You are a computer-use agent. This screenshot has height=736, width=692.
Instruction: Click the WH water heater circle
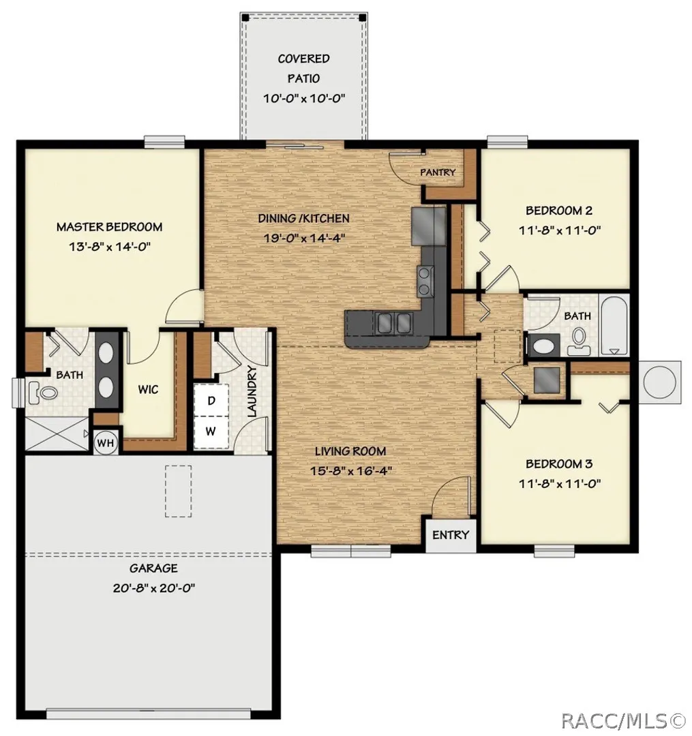pos(105,442)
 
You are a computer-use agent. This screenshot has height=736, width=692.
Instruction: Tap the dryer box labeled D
pos(211,401)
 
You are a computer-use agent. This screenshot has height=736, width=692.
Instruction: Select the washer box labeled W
pos(211,432)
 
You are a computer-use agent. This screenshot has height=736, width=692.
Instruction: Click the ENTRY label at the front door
pos(450,535)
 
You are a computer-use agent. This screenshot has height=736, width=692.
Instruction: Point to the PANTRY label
pos(438,172)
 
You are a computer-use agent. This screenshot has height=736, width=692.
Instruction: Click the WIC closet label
pos(148,389)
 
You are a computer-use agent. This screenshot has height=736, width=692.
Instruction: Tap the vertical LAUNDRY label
pos(252,392)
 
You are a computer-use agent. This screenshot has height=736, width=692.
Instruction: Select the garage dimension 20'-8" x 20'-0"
pos(154,587)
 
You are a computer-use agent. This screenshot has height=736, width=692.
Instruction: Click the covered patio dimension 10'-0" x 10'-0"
pos(304,98)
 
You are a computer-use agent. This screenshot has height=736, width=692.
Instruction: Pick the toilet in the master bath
pos(42,392)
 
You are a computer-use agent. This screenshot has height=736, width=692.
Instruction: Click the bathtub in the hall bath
pos(614,324)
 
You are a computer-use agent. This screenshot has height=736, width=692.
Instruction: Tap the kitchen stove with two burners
pos(425,280)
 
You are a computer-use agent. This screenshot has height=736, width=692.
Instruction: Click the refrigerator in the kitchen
pos(428,226)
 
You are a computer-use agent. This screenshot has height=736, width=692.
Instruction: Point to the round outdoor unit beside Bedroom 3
pos(659,382)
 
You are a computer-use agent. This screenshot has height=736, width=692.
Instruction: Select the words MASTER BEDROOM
pos(109,227)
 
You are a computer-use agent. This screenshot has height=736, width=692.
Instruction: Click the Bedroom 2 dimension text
pos(560,230)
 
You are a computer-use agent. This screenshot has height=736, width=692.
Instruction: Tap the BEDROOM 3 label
pos(559,464)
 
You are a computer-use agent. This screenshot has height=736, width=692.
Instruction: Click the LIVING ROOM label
pos(350,451)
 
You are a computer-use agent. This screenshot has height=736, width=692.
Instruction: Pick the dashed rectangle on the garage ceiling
pos(178,491)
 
